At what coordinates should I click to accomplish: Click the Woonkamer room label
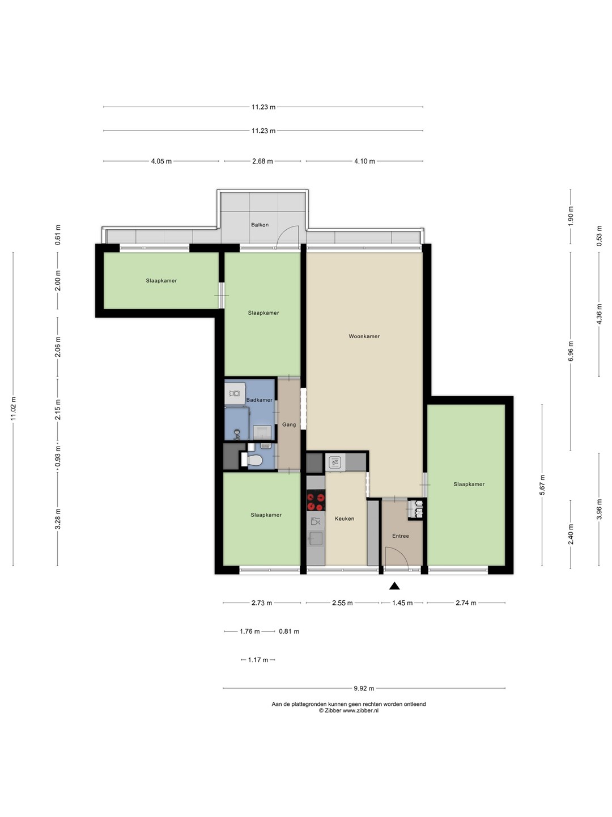(364, 336)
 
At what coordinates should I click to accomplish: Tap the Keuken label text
(344, 519)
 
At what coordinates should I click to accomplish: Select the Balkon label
(260, 225)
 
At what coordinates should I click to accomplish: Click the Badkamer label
(260, 400)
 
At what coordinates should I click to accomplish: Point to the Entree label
(401, 536)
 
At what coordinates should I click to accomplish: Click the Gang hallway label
(289, 424)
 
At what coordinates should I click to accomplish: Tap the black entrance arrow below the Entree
(394, 586)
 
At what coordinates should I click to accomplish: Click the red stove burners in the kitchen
(316, 500)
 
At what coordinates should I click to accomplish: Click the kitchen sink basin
(316, 538)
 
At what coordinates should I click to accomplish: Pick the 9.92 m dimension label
(364, 688)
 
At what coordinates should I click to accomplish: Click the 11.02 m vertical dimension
(14, 408)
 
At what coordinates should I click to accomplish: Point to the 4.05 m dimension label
(161, 161)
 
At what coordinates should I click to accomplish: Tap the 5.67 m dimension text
(542, 485)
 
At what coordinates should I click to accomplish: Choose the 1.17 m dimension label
(258, 660)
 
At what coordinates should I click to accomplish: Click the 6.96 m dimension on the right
(571, 351)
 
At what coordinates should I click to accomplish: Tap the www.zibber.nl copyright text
(348, 710)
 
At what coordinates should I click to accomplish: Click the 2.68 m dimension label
(262, 161)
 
